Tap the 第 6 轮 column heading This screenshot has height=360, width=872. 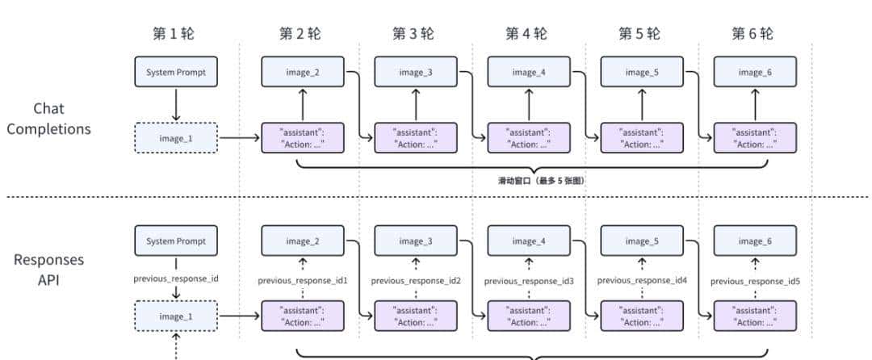pyautogui.click(x=752, y=33)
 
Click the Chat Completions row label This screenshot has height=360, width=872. pyautogui.click(x=48, y=119)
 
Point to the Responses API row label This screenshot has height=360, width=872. pyautogui.click(x=48, y=269)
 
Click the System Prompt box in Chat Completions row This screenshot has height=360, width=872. pyautogui.click(x=176, y=73)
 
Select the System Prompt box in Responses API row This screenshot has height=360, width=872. pyautogui.click(x=176, y=241)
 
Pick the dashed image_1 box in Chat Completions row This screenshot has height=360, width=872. pyautogui.click(x=176, y=138)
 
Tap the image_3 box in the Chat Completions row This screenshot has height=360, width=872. pyautogui.click(x=416, y=73)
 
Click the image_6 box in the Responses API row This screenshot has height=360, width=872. pyautogui.click(x=755, y=241)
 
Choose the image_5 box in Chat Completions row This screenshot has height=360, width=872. pyautogui.click(x=642, y=73)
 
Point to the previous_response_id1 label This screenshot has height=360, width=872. pyautogui.click(x=303, y=281)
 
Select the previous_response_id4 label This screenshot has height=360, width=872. pyautogui.click(x=642, y=280)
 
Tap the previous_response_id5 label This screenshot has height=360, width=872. pyautogui.click(x=755, y=281)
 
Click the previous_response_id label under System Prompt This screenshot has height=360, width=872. pyautogui.click(x=176, y=278)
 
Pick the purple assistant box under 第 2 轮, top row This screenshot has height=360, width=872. pyautogui.click(x=303, y=138)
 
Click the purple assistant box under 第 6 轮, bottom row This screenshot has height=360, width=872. pyautogui.click(x=755, y=316)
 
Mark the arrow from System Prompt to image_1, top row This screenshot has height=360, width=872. pyautogui.click(x=176, y=105)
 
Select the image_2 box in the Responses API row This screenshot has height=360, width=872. pyautogui.click(x=303, y=241)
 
